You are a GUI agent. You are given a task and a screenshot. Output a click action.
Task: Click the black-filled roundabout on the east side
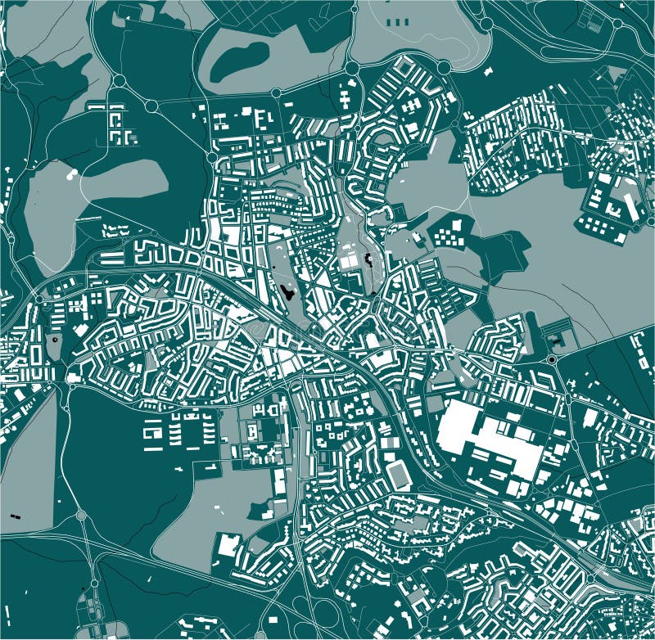[x=552, y=358]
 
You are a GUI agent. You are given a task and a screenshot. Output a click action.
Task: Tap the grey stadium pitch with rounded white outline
[x=399, y=475]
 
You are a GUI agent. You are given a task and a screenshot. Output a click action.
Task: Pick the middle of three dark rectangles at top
[x=396, y=21]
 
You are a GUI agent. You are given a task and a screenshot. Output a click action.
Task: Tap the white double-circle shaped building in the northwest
[x=71, y=174]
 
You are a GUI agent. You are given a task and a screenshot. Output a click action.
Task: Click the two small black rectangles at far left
[x=15, y=516]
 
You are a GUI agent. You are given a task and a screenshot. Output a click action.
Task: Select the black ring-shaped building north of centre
[x=368, y=261]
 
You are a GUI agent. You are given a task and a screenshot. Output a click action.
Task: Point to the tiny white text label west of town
[x=86, y=218]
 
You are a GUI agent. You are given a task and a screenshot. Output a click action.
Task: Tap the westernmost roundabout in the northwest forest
[x=119, y=80]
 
